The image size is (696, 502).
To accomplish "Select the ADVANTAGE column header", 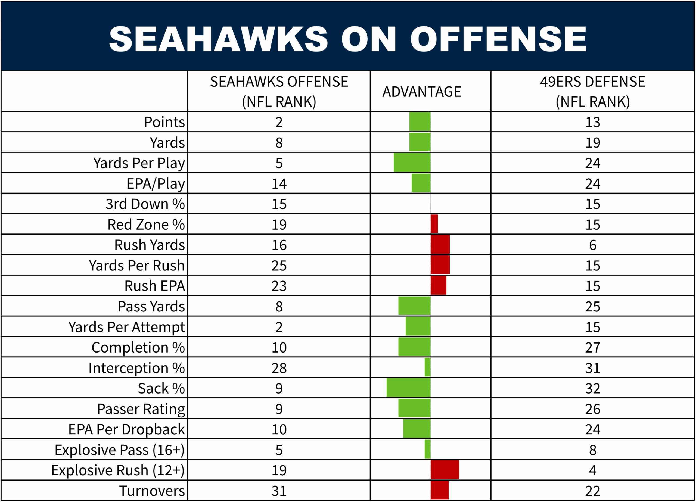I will coord(422,92).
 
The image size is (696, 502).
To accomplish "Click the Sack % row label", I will coord(161,388).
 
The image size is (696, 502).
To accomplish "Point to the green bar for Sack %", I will coord(408,388).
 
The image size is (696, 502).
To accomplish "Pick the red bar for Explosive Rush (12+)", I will coord(445,469).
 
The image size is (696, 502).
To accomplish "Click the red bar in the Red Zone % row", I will coord(434,224).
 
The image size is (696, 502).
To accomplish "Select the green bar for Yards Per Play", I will coord(412,163).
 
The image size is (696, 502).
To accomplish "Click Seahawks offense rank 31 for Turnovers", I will coord(279,491).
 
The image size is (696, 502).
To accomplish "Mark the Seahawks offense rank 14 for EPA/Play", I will coord(279,183).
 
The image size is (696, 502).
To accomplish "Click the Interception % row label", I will coord(136,368).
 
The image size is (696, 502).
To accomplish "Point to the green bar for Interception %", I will coord(427,367).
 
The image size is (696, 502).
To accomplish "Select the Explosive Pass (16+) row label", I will coord(119,450).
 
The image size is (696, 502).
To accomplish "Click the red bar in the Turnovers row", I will coord(439,490).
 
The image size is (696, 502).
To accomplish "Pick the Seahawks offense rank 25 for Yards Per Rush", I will coord(279,266).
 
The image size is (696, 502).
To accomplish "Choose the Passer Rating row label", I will coord(141,409).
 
